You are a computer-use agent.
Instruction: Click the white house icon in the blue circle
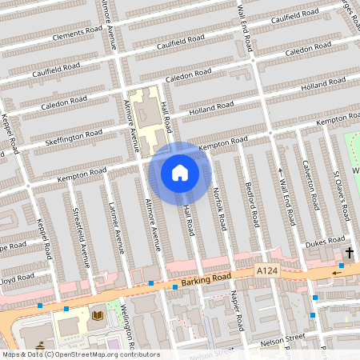click(x=180, y=172)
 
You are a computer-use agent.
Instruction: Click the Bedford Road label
click(x=253, y=207)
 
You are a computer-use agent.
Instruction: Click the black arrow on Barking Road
click(x=337, y=273)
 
